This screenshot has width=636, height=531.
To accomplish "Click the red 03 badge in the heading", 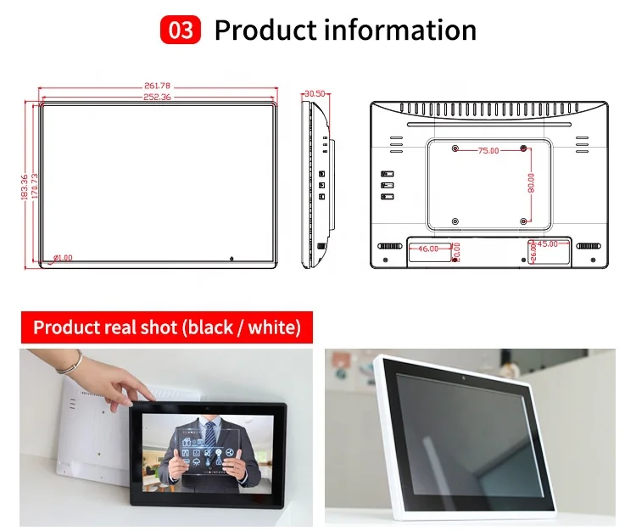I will pyautogui.click(x=180, y=31).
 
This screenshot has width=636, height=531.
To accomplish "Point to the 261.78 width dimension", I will pyautogui.click(x=159, y=86).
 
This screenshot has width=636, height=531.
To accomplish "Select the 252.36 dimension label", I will pyautogui.click(x=159, y=97).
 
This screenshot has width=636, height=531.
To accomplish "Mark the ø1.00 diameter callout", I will pyautogui.click(x=63, y=257).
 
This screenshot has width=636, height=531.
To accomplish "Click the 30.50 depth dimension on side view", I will pyautogui.click(x=315, y=92).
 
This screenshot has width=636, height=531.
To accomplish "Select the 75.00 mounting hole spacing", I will pyautogui.click(x=488, y=150).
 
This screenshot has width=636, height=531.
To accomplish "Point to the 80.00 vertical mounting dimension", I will pyautogui.click(x=531, y=184).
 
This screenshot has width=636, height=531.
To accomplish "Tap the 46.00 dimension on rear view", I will pyautogui.click(x=428, y=249).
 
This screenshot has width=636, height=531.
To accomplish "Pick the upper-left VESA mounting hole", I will pyautogui.click(x=455, y=148).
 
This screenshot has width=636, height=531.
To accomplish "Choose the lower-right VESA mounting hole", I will pyautogui.click(x=523, y=221).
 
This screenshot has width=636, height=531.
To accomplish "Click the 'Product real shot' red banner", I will pyautogui.click(x=166, y=327).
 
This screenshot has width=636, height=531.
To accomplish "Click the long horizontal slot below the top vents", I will pyautogui.click(x=489, y=126).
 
